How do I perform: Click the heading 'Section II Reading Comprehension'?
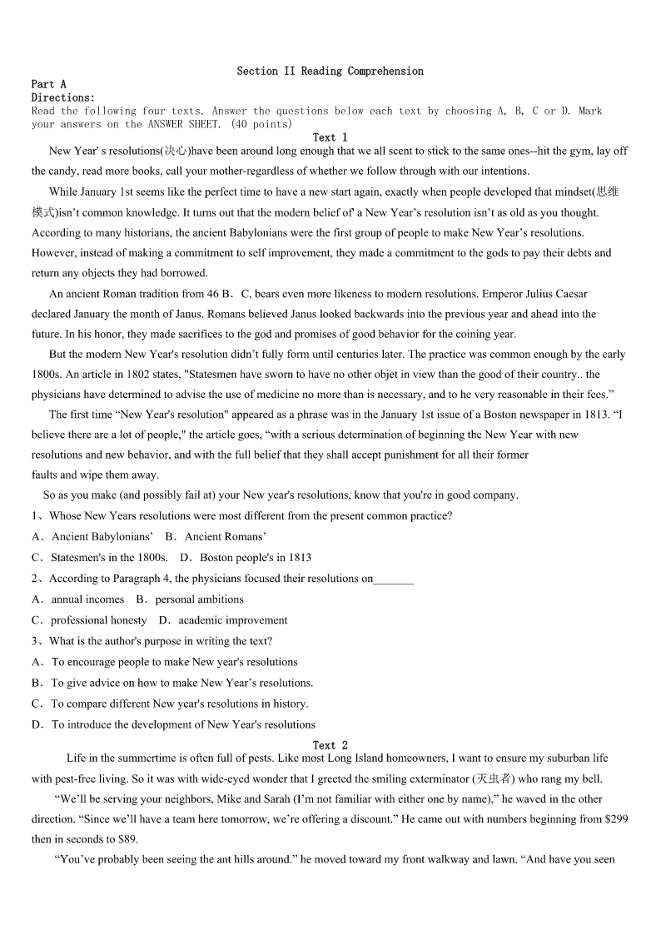pos(330,72)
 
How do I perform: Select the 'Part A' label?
pos(48,84)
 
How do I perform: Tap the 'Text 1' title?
pos(330,137)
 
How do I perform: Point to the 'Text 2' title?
pos(330,745)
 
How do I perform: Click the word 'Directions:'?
pos(63,97)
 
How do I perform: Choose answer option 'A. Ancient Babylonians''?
pos(92,537)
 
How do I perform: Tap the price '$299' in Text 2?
pos(617,819)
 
